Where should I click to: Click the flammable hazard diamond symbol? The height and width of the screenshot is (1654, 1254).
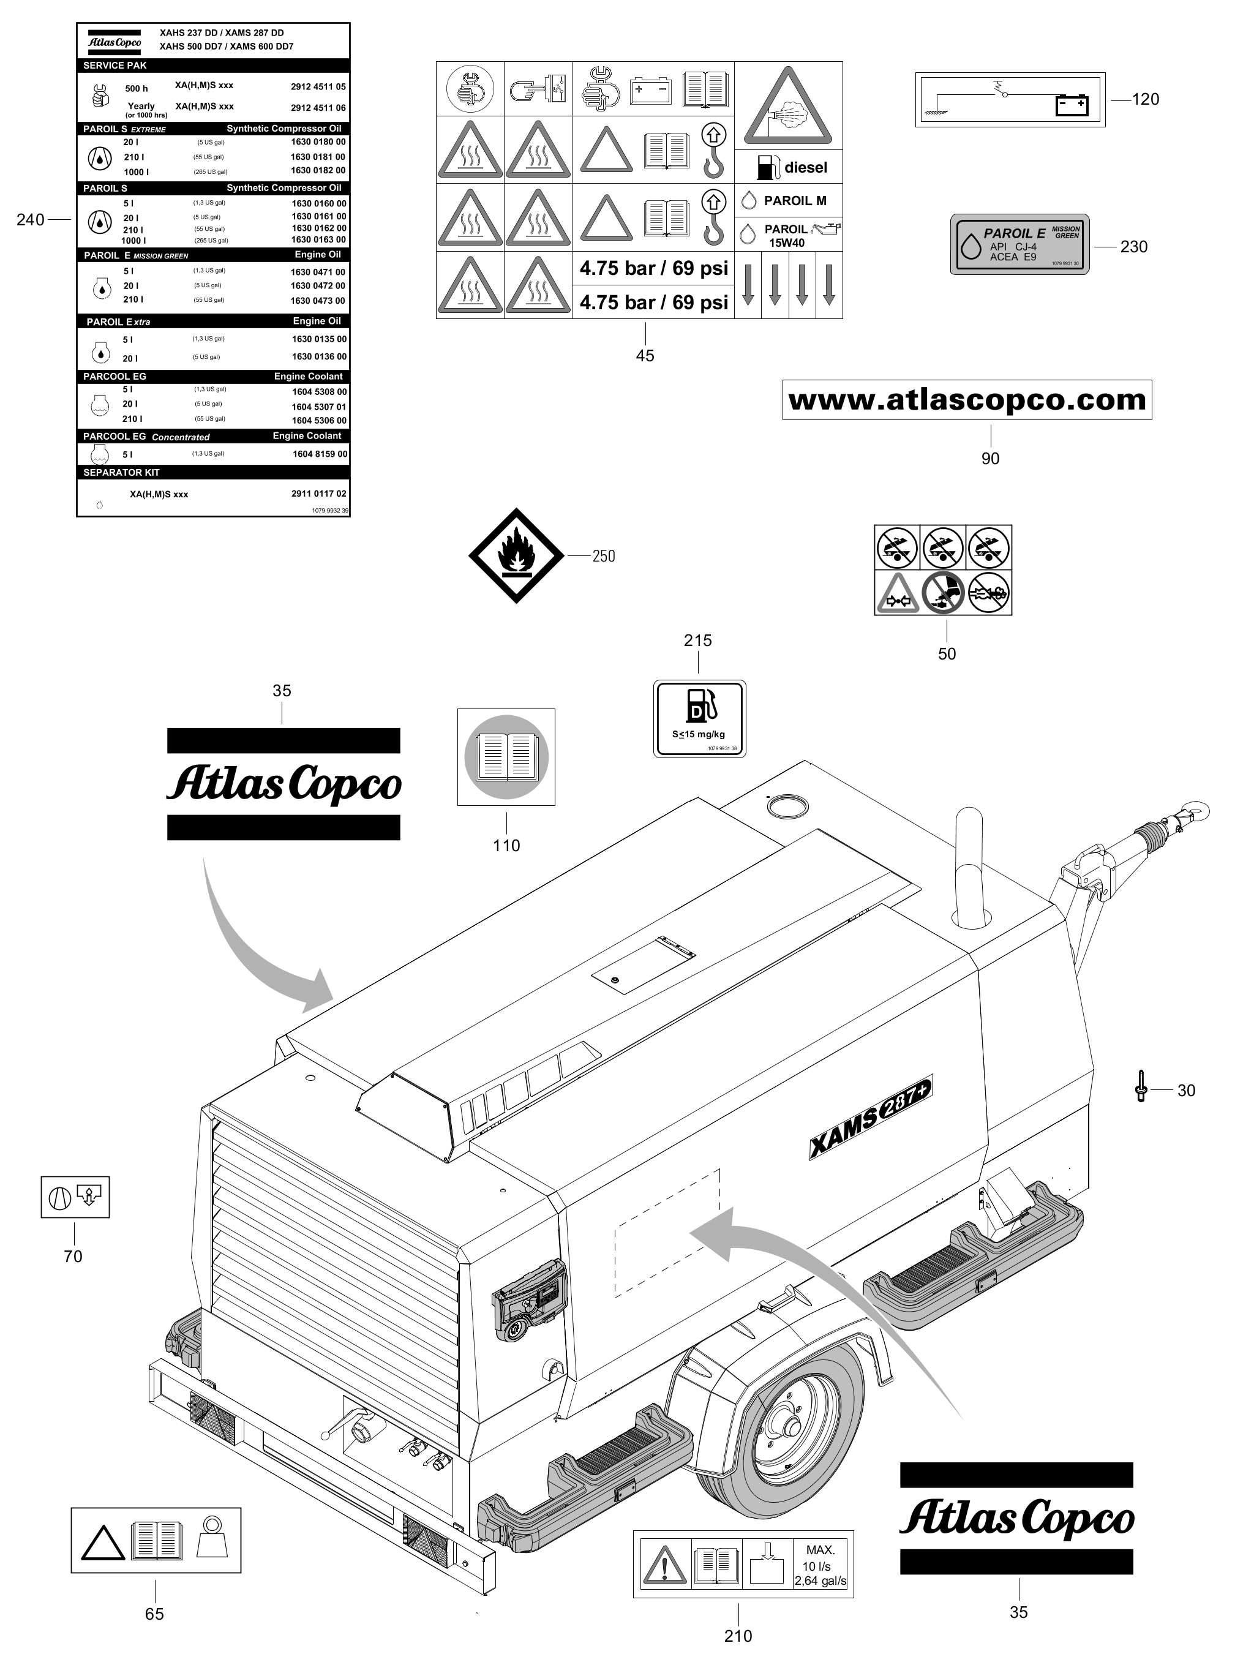click(516, 555)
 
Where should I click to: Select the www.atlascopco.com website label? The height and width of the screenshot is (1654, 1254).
click(967, 400)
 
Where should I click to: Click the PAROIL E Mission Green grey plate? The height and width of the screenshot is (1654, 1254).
click(1019, 244)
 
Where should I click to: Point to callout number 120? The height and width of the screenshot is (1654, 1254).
click(1145, 99)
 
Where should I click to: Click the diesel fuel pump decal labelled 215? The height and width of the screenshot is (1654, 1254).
click(699, 718)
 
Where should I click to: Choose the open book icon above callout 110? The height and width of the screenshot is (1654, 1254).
click(506, 757)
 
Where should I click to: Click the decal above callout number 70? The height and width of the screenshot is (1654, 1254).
click(75, 1197)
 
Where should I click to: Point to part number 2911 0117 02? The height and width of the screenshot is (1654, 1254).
click(318, 494)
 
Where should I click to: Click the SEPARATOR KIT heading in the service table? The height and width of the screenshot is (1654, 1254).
click(121, 473)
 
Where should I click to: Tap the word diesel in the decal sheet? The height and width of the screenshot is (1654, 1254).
click(805, 168)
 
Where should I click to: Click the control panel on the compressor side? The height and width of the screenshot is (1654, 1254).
click(528, 1299)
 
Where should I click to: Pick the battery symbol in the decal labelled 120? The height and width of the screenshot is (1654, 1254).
click(1072, 105)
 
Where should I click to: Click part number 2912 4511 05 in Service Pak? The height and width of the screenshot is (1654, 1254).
click(318, 87)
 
